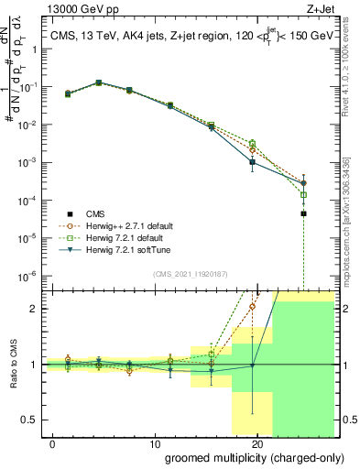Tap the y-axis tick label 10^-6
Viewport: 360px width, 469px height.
coord(27,276)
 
